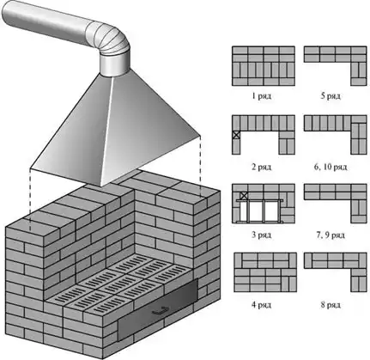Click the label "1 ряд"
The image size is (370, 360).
coord(261,96)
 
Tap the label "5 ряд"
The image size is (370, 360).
coord(331,96)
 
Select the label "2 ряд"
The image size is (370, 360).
coord(261,167)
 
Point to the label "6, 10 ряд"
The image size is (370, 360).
coord(331,167)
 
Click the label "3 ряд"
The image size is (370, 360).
coord(261,235)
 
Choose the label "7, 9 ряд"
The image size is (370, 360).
coord(331,235)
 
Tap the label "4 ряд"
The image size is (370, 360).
coord(261,305)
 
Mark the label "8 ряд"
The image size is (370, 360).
coord(331,305)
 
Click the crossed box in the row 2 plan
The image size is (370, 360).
coord(236,135)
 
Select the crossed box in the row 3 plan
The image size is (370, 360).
coord(244,196)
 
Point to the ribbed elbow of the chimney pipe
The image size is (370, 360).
coord(110,40)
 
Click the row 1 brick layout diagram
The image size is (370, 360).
coord(264,66)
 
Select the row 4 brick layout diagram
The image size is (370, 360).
coord(265,272)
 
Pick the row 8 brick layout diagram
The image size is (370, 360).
coord(336,272)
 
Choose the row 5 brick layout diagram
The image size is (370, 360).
coord(336,66)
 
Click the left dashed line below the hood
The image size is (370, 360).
coord(30,199)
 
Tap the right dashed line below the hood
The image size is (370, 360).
coord(200,166)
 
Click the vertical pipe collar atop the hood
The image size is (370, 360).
coord(114,64)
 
